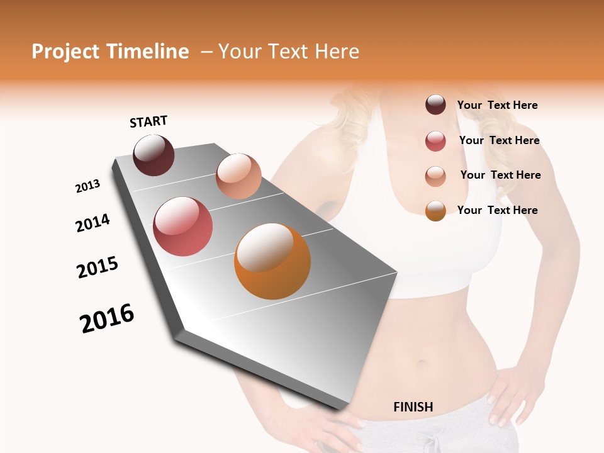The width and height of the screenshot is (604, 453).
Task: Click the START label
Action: tap(148, 121)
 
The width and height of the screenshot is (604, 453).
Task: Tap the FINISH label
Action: tap(413, 407)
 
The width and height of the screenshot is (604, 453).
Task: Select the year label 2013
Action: tap(87, 186)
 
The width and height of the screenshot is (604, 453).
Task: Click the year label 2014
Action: tap(92, 223)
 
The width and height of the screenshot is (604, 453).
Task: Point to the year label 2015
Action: tap(98, 267)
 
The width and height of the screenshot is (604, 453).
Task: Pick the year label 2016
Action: tap(107, 318)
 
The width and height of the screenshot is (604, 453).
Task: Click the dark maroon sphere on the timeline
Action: tap(154, 155)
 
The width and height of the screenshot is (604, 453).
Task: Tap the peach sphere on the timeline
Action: tap(238, 176)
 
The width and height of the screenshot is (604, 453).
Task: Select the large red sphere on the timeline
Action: tap(183, 226)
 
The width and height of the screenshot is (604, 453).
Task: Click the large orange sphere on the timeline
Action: tap(272, 261)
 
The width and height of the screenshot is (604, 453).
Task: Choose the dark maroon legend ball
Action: tap(435, 104)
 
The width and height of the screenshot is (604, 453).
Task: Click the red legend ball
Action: tap(435, 141)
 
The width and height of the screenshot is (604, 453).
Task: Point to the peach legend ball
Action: tap(435, 176)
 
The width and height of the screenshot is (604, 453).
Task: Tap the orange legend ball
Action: tap(435, 211)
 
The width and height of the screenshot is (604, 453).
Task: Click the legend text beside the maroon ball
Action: tap(497, 105)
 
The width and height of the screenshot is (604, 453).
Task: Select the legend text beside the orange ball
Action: tap(497, 210)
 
